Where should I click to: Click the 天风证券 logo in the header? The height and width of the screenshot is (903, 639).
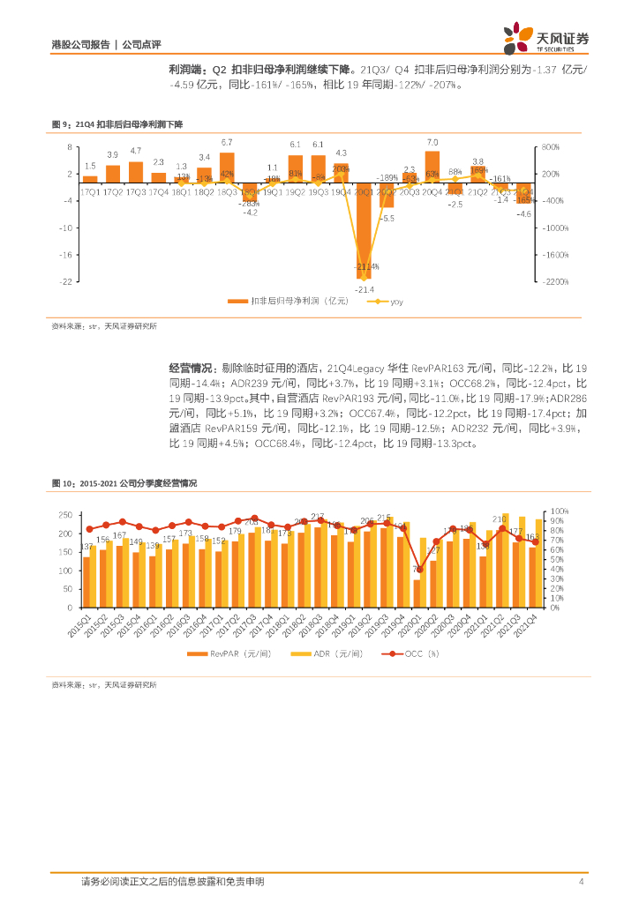(x=545, y=40)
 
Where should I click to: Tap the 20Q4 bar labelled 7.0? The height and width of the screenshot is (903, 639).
(x=432, y=165)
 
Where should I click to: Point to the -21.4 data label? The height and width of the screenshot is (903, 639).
(x=365, y=289)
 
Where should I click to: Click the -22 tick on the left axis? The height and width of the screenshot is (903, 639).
(x=68, y=282)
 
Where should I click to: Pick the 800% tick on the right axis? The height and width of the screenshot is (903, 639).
(x=550, y=147)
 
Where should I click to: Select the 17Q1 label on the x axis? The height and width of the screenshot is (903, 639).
(x=89, y=191)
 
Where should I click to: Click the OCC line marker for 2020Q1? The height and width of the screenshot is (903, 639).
(x=419, y=570)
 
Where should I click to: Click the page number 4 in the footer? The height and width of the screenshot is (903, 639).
(x=580, y=881)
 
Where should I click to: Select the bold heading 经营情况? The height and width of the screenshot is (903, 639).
(x=191, y=366)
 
